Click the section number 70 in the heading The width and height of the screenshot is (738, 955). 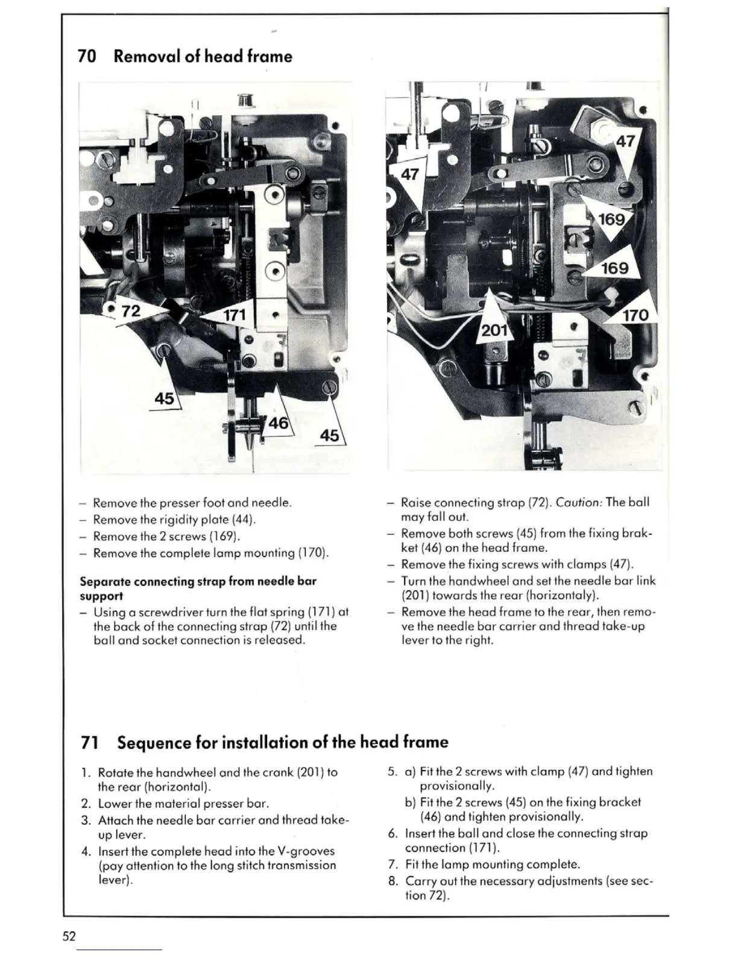[x=87, y=57]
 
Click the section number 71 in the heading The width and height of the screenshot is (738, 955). [x=89, y=742]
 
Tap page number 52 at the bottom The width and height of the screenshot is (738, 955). [x=68, y=936]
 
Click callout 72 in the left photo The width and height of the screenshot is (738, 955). [x=131, y=311]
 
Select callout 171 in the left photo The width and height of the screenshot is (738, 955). [x=235, y=315]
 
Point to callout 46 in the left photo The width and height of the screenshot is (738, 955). [x=278, y=423]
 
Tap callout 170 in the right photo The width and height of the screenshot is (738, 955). [x=635, y=315]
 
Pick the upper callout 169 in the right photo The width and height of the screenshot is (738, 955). [x=611, y=219]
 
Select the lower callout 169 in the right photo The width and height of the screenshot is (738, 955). [x=614, y=268]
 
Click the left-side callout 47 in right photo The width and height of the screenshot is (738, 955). [x=410, y=175]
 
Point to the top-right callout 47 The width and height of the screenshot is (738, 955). [x=625, y=142]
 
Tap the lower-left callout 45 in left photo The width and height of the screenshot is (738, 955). [x=164, y=399]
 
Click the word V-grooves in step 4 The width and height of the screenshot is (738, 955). [x=305, y=851]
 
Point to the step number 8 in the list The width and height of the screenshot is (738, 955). [x=393, y=881]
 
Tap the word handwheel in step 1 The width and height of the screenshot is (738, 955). [x=182, y=772]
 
